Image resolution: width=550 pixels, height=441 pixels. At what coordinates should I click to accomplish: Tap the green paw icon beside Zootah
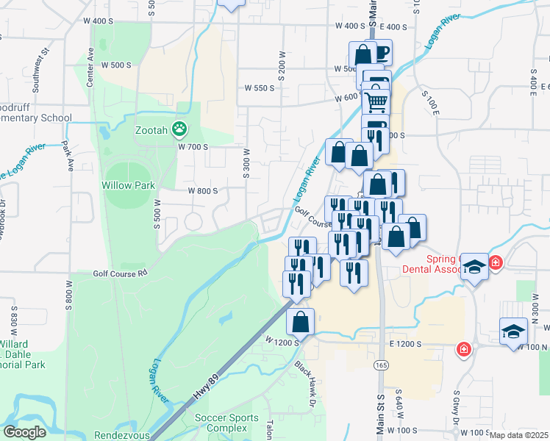(x=179, y=129)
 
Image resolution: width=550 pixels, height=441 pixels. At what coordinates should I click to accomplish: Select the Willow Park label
(x=129, y=185)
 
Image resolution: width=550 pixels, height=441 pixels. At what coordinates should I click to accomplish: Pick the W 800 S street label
(x=203, y=190)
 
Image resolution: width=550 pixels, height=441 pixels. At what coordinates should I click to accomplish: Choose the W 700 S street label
(x=193, y=146)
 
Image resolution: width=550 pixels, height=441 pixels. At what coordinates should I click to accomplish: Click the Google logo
(x=24, y=432)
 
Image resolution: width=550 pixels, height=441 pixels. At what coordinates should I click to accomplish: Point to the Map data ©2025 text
(x=518, y=435)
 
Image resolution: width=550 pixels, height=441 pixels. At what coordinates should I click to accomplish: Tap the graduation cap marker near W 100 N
(x=513, y=331)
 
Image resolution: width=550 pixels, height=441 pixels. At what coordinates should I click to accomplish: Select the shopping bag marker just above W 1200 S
(x=300, y=321)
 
